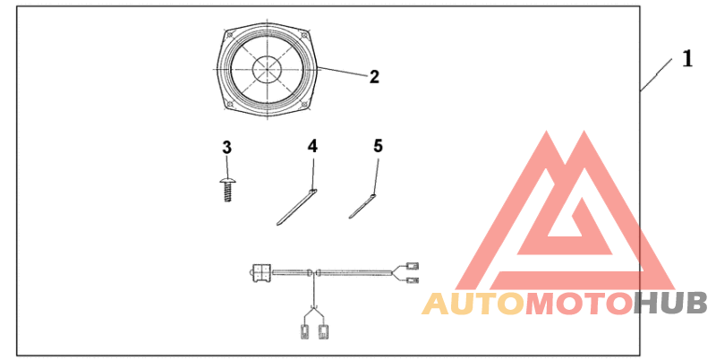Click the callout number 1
[x=686, y=59]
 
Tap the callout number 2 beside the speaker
[x=374, y=77]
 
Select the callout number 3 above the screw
[x=227, y=146]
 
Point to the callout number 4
[x=311, y=145]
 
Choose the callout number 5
[x=378, y=145]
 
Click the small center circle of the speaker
[x=267, y=68]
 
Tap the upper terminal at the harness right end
[x=413, y=265]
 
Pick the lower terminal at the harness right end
[x=413, y=280]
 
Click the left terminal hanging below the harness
[x=303, y=332]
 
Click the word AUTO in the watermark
[x=473, y=304]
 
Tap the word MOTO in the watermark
[x=576, y=304]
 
